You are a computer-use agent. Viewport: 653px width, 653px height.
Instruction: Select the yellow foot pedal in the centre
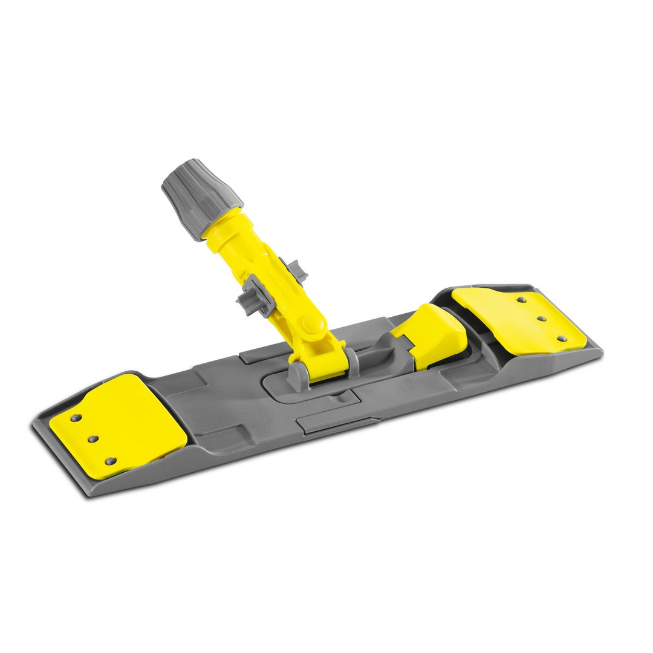tap(431, 336)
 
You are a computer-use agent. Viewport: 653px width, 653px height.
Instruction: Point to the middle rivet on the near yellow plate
tap(93, 438)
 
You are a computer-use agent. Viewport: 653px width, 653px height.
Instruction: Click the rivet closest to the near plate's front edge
tap(111, 461)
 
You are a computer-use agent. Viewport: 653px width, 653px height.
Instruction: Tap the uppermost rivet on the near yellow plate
tap(76, 417)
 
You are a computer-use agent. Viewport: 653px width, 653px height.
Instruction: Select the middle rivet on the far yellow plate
tap(541, 318)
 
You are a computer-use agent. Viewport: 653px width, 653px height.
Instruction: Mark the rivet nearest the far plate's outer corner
tap(561, 339)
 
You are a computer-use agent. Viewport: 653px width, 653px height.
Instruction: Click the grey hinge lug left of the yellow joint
tap(296, 375)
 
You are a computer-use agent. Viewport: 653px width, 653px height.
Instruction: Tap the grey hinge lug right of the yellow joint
tap(351, 360)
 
